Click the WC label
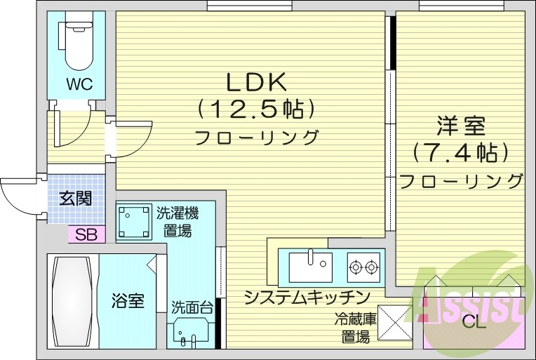80,85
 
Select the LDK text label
255,82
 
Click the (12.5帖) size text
255,109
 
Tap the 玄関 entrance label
74,198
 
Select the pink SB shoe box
86,235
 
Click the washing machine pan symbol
133,222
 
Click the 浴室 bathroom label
128,301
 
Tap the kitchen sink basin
309,266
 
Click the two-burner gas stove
363,266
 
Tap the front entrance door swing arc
18,196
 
